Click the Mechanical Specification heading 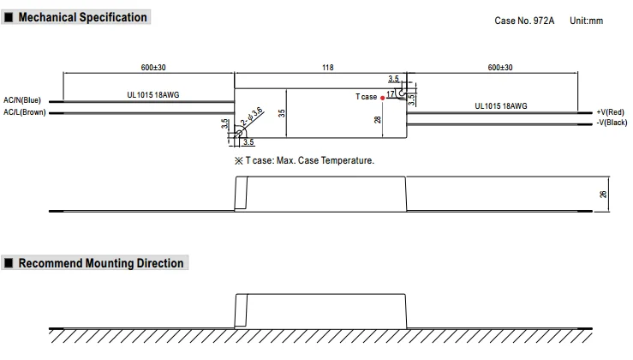coord(82,17)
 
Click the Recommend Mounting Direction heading coord(100,263)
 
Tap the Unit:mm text coord(587,21)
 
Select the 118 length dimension coord(328,67)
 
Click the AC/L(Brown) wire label coord(25,112)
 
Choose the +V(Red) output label coord(612,112)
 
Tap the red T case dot coord(382,97)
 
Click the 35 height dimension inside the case coord(283,111)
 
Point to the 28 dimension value coord(378,121)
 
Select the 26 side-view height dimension coord(603,195)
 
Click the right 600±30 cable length coord(499,67)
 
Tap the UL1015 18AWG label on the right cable coord(501,106)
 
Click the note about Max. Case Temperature coord(304,160)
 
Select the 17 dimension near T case coord(391,93)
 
